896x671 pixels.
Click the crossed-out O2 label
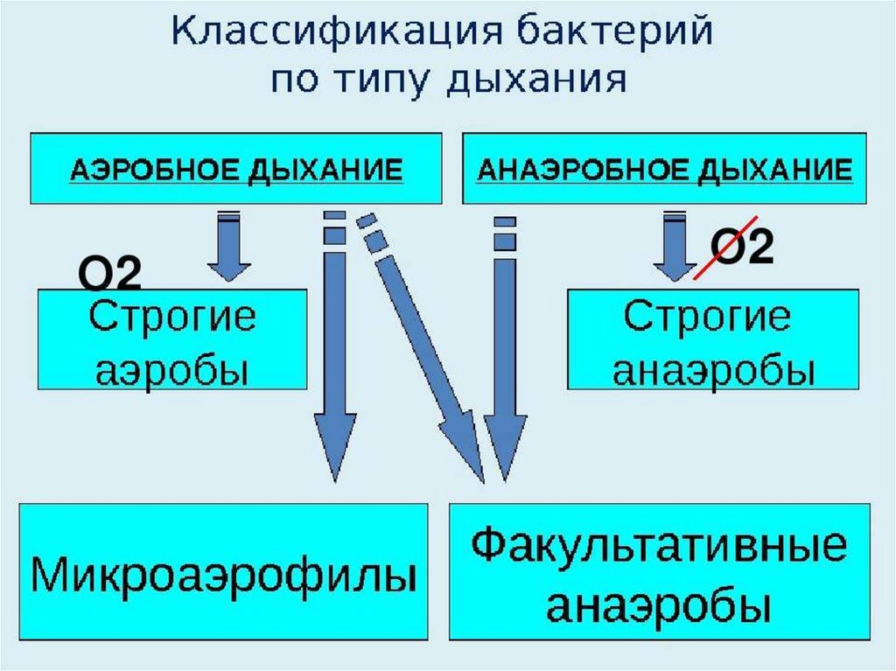tap(739, 248)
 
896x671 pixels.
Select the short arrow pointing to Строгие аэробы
tap(228, 248)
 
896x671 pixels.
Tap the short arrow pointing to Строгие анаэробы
tap(675, 248)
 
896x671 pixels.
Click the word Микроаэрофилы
tap(224, 577)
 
